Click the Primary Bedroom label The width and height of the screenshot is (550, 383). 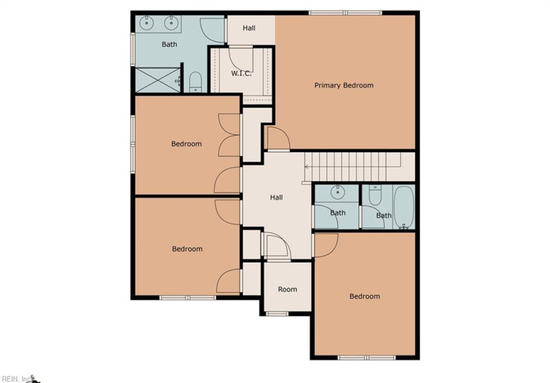[344, 85]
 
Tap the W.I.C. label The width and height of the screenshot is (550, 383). [241, 74]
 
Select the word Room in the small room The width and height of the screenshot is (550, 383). [287, 289]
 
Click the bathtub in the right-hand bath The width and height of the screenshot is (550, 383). [404, 207]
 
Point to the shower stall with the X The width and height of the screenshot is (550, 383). [157, 80]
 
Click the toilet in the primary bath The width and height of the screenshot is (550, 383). [195, 83]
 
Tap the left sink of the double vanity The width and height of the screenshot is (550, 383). [146, 23]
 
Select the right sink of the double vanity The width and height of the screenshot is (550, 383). [170, 23]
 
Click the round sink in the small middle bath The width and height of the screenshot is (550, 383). [338, 193]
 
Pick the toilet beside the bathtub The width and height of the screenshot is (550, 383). [375, 196]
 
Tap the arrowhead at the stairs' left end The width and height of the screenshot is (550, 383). [306, 166]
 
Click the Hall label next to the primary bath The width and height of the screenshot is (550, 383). [249, 28]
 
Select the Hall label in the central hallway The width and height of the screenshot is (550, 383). [276, 197]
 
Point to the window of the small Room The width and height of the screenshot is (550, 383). [277, 314]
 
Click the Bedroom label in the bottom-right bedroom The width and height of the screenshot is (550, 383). [364, 296]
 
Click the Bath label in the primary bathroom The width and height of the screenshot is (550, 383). [169, 45]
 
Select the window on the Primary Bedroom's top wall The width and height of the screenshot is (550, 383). [345, 13]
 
